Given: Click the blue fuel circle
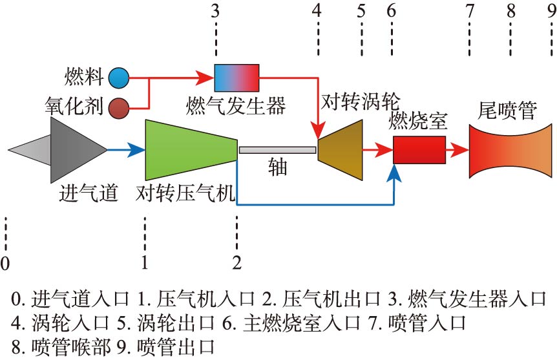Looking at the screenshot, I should tap(118, 78).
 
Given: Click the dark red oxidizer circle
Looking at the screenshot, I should tap(118, 107).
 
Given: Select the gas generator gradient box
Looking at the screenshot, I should tap(236, 78).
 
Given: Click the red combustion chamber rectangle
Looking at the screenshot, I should tap(419, 150).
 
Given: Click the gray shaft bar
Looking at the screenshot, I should tap(277, 150).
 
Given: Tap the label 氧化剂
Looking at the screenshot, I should tap(74, 105).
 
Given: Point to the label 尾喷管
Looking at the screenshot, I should tap(507, 111).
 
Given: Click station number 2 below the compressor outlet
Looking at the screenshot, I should tap(237, 262).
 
